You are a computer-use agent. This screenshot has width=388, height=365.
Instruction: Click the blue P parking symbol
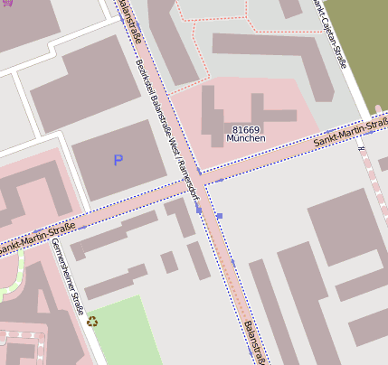point(117,161)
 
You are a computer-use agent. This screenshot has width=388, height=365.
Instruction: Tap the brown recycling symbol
point(92,321)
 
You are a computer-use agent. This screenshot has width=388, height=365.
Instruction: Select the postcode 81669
point(246,130)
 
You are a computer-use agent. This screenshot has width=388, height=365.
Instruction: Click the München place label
point(246,141)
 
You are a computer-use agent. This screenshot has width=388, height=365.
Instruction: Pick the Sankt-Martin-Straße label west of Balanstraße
point(36,238)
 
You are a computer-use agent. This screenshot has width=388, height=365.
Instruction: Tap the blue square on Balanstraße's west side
point(198,210)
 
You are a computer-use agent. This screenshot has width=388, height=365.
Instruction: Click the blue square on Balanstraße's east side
point(219,217)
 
